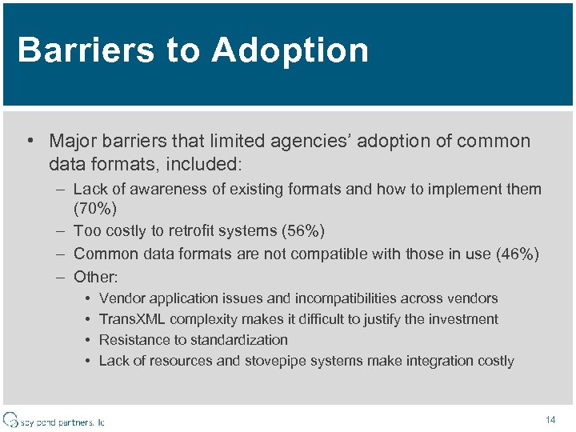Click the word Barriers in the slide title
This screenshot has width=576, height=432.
[84, 50]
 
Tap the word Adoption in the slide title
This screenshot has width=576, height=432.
[290, 50]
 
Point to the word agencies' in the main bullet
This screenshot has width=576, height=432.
[296, 142]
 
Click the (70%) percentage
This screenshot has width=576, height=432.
[95, 210]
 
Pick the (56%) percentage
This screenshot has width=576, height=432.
[302, 231]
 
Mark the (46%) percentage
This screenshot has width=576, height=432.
[518, 254]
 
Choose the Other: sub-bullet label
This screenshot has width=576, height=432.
[95, 278]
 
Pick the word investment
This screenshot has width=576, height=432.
[463, 319]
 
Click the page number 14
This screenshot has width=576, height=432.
[550, 419]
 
